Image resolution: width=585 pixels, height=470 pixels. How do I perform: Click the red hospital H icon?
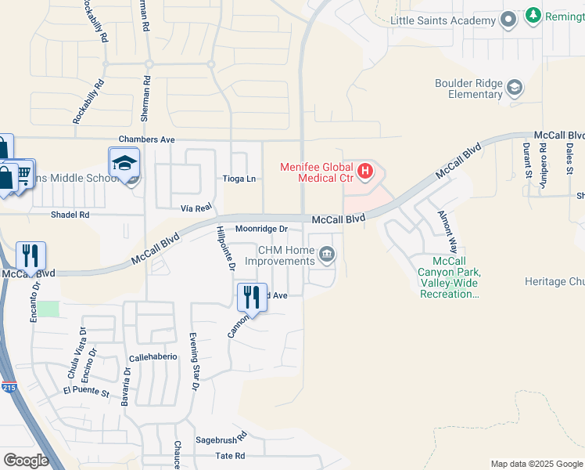[364, 170]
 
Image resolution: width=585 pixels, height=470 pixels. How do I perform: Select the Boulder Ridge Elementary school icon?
[515, 87]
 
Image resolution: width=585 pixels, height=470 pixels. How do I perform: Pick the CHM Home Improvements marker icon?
[327, 254]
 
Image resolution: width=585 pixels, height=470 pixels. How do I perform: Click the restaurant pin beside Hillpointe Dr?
[252, 296]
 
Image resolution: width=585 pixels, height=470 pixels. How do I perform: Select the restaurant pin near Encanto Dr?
[31, 255]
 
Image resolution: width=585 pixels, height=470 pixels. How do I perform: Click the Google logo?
[26, 461]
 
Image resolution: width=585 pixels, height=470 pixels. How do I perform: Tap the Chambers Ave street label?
[146, 139]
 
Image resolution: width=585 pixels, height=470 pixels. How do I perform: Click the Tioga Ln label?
[240, 179]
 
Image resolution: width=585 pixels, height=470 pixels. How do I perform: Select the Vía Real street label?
[196, 208]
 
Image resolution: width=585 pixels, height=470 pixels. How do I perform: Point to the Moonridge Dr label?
[262, 229]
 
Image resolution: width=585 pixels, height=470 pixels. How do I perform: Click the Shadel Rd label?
[70, 214]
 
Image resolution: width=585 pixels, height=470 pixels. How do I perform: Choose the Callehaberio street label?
[153, 356]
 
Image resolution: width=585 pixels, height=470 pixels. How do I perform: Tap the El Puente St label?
[86, 390]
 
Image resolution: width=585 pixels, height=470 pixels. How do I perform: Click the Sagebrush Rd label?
[221, 439]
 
